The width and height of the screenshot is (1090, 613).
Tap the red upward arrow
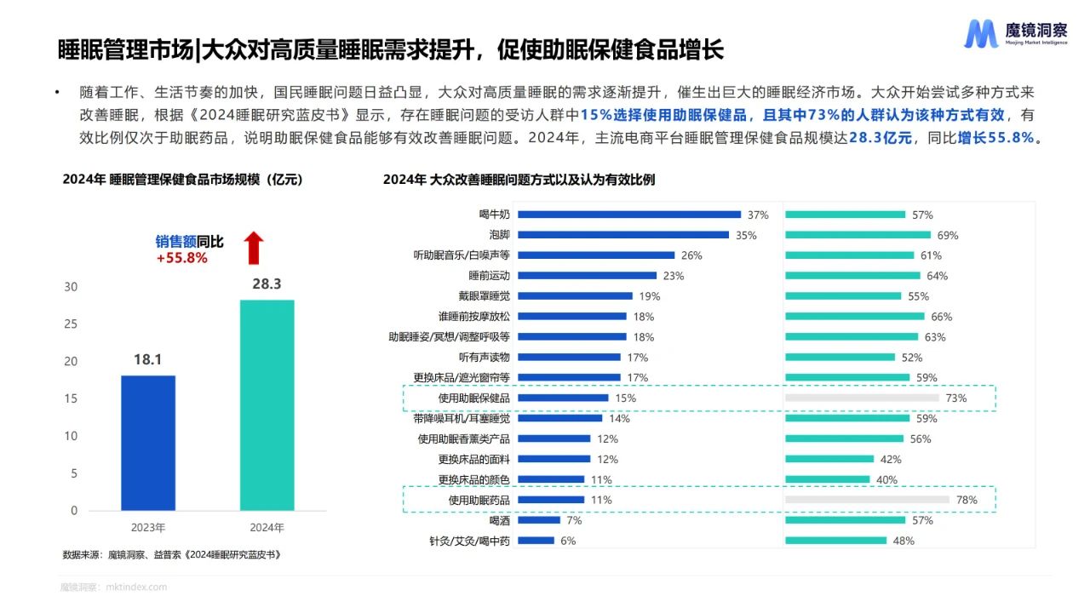tap(254, 248)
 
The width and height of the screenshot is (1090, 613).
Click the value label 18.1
tap(147, 360)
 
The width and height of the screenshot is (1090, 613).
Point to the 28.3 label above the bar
tap(267, 284)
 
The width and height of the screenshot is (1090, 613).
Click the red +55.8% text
tap(181, 258)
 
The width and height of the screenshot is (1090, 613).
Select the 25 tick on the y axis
tap(71, 324)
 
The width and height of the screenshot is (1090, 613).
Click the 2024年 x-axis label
tap(267, 527)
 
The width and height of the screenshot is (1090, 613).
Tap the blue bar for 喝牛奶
tap(629, 215)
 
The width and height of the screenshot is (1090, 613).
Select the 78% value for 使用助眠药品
tap(967, 500)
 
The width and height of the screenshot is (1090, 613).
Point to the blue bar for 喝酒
tap(539, 520)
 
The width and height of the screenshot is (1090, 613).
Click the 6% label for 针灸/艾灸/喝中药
tap(568, 541)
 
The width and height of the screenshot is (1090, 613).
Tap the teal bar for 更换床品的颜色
tap(827, 479)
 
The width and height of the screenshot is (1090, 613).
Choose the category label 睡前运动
tap(489, 276)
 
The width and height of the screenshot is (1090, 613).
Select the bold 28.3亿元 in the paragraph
tap(880, 138)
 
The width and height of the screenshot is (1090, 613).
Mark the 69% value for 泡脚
tap(948, 235)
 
